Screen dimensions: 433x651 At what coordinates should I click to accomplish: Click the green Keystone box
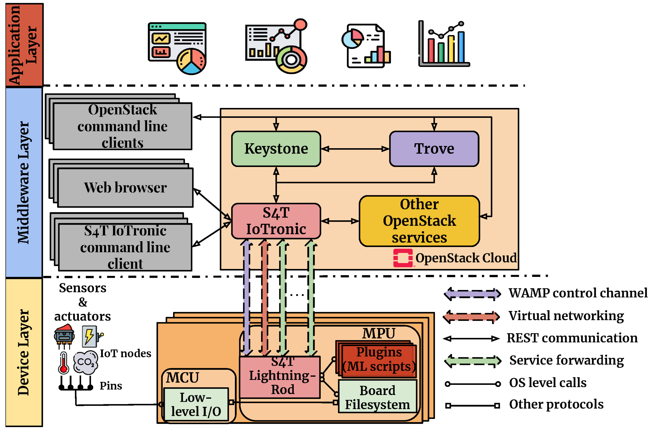pos(276,148)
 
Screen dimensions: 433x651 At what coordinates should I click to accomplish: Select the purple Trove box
pos(434,148)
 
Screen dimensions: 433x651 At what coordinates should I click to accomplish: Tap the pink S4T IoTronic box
pos(276,221)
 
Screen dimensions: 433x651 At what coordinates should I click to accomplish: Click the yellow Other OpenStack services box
pos(419,221)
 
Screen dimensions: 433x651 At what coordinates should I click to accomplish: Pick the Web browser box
pos(125,188)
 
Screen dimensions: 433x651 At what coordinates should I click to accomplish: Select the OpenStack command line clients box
pos(122,126)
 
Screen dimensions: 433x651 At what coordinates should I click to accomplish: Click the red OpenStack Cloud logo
pos(403,258)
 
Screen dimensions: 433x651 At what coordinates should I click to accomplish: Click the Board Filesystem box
pos(377,397)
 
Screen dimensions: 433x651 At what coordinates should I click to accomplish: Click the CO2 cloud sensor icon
pos(86,362)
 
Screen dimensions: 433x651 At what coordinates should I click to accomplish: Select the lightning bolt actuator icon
pos(90,336)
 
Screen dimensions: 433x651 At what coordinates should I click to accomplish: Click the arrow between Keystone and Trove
pos(355,149)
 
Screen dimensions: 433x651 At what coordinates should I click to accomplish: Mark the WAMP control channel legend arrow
pos(472,294)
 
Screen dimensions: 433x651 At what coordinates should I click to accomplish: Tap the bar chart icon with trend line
pos(444,44)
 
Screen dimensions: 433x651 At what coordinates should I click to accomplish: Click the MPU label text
pos(378,333)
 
